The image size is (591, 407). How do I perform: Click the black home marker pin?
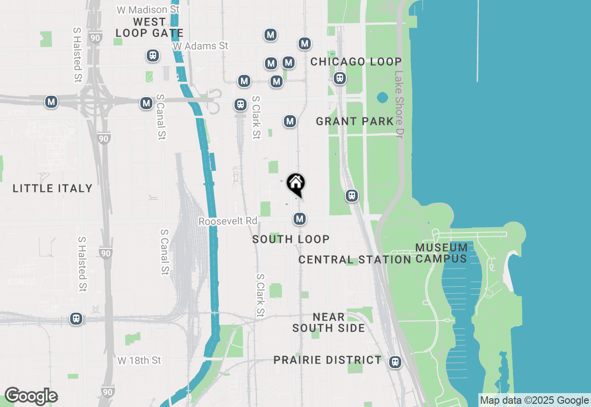[295, 184]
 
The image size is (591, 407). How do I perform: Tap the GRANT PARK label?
[355, 122]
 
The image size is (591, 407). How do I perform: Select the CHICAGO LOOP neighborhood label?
[356, 62]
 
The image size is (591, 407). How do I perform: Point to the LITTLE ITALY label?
[53, 188]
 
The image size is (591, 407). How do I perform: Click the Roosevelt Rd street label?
[228, 222]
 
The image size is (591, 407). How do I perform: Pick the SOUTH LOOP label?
[291, 239]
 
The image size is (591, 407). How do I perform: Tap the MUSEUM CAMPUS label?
[441, 253]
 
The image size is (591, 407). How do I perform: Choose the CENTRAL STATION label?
[355, 259]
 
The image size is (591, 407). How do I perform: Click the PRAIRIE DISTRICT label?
[328, 360]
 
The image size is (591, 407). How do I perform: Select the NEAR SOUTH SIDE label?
[329, 322]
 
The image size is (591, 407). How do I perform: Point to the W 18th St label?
[139, 360]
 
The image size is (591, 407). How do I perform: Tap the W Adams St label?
[200, 46]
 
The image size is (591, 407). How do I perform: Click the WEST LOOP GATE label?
[149, 27]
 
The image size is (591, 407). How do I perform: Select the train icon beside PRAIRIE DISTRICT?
[395, 362]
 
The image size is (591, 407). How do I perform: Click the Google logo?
[31, 396]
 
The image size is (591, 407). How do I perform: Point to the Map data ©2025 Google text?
[535, 401]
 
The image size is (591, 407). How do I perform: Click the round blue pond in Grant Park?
[382, 98]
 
